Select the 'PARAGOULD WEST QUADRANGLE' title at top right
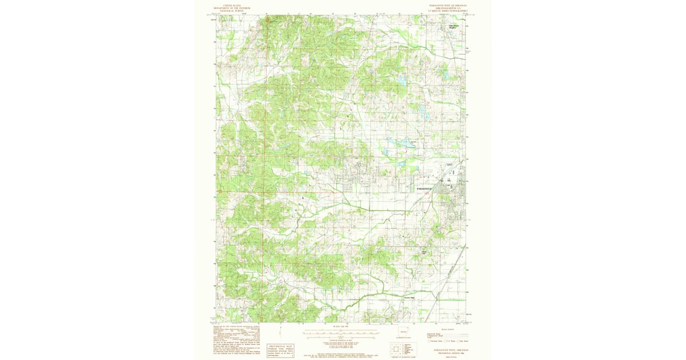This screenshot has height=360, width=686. click(x=448, y=4)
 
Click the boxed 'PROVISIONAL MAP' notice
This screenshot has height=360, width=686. click(x=280, y=350)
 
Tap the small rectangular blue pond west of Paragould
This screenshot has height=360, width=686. click(x=400, y=163)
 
